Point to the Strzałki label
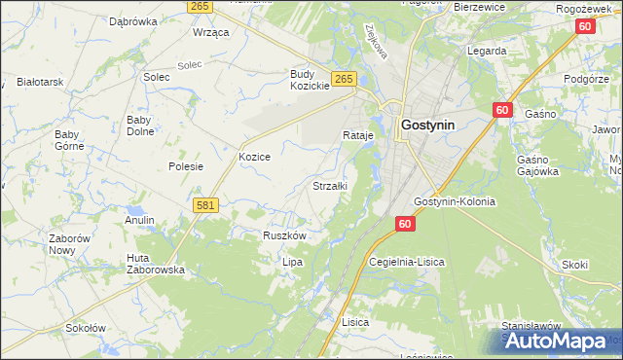coord(329,185)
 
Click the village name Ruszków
coord(285,235)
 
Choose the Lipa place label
coord(293,262)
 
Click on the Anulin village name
coord(140,221)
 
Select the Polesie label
coord(185,166)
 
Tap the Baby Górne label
coord(68,140)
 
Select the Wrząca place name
coord(210,32)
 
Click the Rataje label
coord(357,135)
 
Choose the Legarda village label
coord(487,50)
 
